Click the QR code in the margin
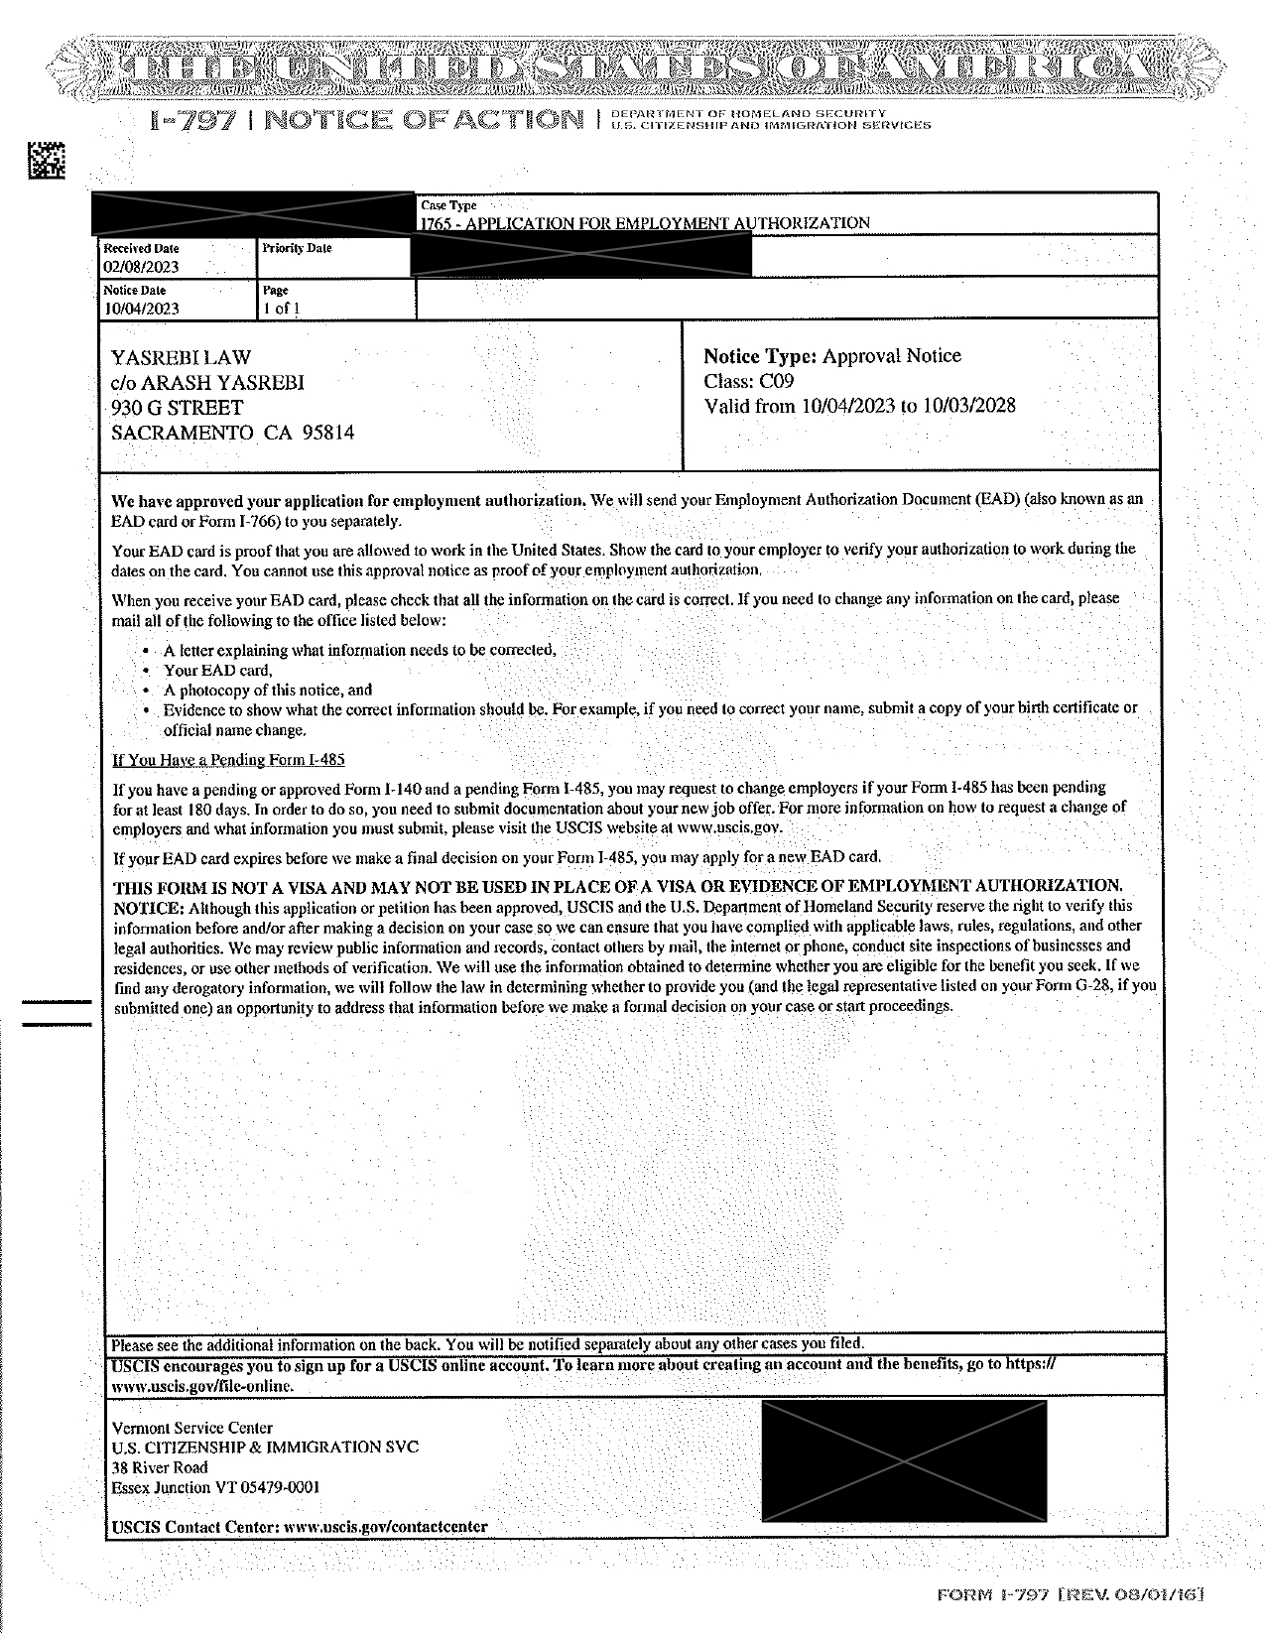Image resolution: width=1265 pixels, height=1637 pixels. (46, 161)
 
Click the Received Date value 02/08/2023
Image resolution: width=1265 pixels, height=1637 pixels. (141, 267)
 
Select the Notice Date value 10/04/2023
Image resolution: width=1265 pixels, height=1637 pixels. (141, 309)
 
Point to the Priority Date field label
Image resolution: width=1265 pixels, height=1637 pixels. (297, 248)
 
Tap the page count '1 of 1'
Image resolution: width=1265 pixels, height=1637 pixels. (281, 309)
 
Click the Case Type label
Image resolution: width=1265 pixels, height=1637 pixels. (448, 205)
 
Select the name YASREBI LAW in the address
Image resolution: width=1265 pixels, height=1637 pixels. (181, 357)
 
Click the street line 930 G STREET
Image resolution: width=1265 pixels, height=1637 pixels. (177, 408)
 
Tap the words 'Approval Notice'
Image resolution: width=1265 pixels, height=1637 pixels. (891, 356)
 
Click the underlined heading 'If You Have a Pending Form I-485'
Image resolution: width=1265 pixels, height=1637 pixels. (228, 760)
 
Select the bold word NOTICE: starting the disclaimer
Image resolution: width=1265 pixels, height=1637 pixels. (149, 908)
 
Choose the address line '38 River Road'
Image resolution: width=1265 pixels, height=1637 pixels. (160, 1467)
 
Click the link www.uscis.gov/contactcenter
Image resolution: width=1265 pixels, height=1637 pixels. (385, 1526)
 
